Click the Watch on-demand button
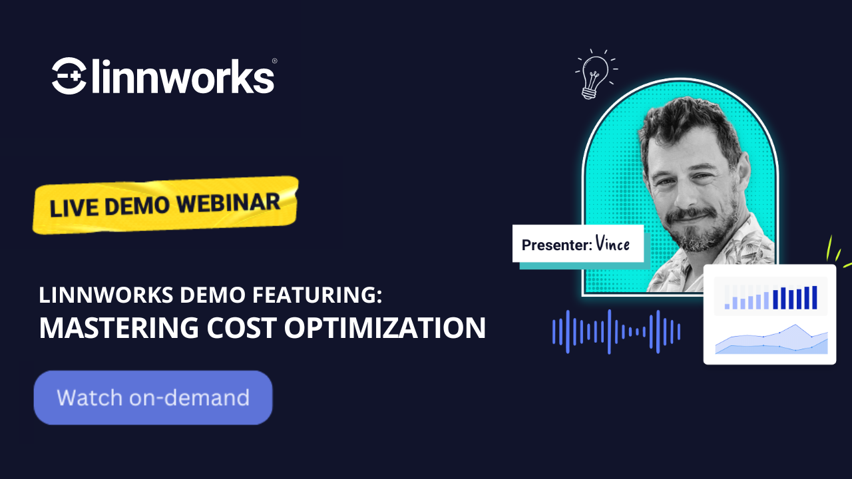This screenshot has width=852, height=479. click(153, 398)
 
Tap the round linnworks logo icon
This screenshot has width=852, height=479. click(69, 75)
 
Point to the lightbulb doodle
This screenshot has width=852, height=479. click(594, 73)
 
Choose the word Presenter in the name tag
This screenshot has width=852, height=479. click(556, 245)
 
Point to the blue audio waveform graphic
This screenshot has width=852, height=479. click(616, 331)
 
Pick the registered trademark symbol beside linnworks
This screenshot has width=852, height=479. click(274, 61)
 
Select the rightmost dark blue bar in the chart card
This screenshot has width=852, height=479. click(814, 297)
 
